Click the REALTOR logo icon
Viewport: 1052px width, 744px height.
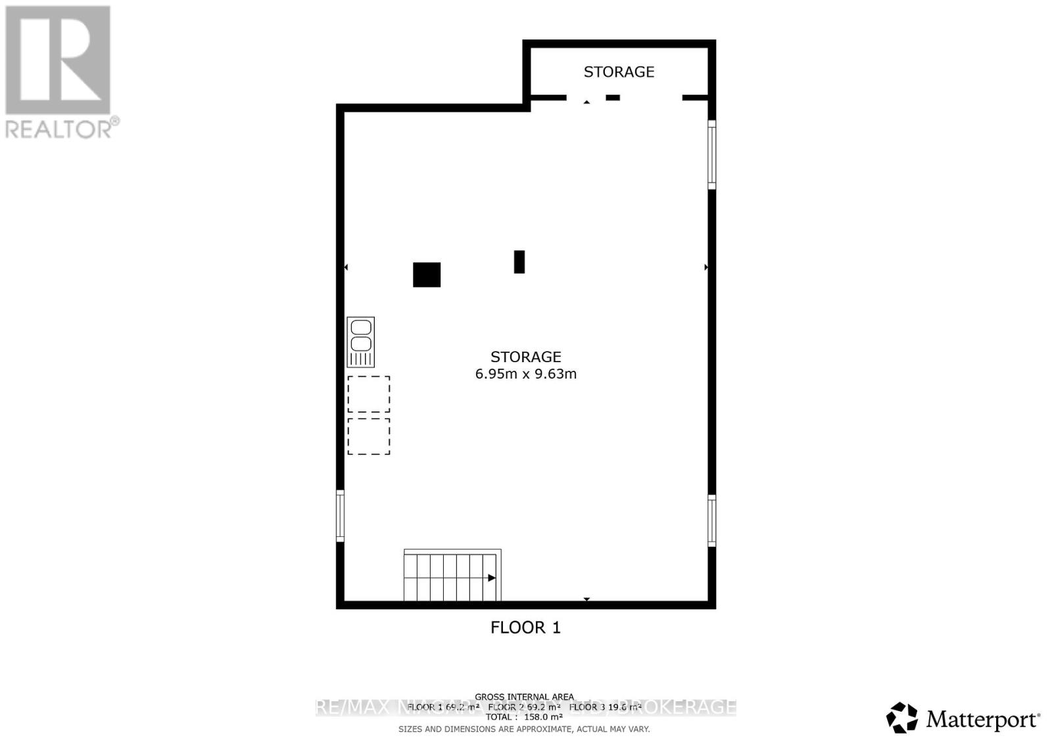[x=58, y=60]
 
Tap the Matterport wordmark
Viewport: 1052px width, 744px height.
[x=982, y=720]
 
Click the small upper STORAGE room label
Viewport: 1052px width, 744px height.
[x=619, y=72]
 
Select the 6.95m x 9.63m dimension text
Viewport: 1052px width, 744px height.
[x=525, y=374]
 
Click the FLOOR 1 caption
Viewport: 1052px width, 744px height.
[x=525, y=627]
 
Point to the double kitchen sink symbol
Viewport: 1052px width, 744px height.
[x=360, y=342]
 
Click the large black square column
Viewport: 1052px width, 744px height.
[x=427, y=275]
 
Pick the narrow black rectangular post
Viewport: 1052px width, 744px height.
[x=519, y=262]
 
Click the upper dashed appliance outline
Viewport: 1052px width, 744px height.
[x=369, y=394]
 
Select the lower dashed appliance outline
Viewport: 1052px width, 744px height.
[x=369, y=436]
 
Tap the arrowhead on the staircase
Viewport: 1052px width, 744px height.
[x=492, y=578]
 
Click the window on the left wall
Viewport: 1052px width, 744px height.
[x=340, y=515]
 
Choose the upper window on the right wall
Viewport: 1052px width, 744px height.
[x=711, y=155]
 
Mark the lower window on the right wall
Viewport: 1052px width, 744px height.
[x=711, y=521]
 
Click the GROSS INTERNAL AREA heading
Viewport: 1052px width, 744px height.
[x=524, y=697]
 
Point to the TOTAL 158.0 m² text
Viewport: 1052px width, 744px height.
[x=524, y=717]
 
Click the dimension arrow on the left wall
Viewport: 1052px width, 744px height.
[x=346, y=267]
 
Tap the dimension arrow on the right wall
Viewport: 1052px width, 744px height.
[x=706, y=267]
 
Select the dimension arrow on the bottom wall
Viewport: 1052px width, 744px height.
[x=586, y=599]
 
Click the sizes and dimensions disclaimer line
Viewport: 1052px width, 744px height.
[x=524, y=729]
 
